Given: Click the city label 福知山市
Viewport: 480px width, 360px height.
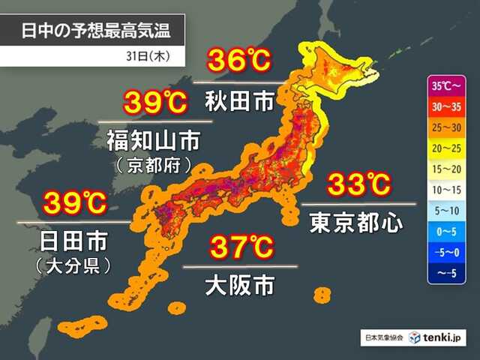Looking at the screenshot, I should [x=147, y=140].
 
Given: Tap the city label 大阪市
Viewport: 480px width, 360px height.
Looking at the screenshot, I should [x=240, y=285].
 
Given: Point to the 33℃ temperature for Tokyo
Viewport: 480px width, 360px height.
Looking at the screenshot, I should [x=358, y=184].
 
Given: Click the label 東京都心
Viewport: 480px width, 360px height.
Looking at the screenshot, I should [x=356, y=223].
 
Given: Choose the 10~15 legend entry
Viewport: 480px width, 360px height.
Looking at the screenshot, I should [x=448, y=190].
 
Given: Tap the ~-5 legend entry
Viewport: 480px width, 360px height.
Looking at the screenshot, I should [x=448, y=274].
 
